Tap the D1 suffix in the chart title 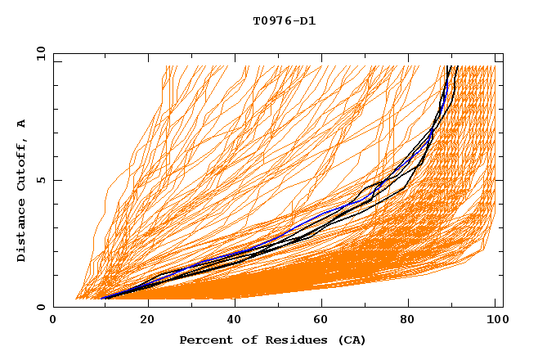pyautogui.click(x=307, y=20)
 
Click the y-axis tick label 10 pyautogui.click(x=40, y=53)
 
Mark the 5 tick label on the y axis pyautogui.click(x=40, y=180)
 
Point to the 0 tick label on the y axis pyautogui.click(x=40, y=307)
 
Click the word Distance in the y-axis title pyautogui.click(x=21, y=233)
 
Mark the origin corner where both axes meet pyautogui.click(x=53, y=307)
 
